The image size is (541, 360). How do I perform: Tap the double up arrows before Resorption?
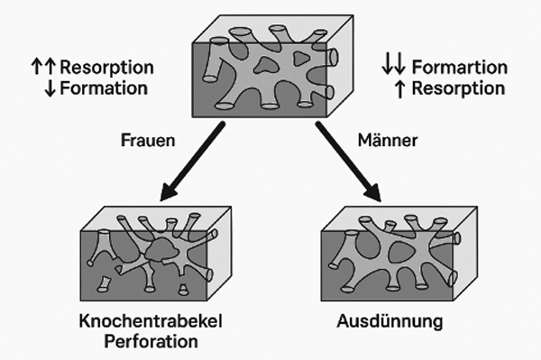42,68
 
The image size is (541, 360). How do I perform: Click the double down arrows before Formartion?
393,68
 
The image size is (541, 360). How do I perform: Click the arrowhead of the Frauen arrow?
168,192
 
